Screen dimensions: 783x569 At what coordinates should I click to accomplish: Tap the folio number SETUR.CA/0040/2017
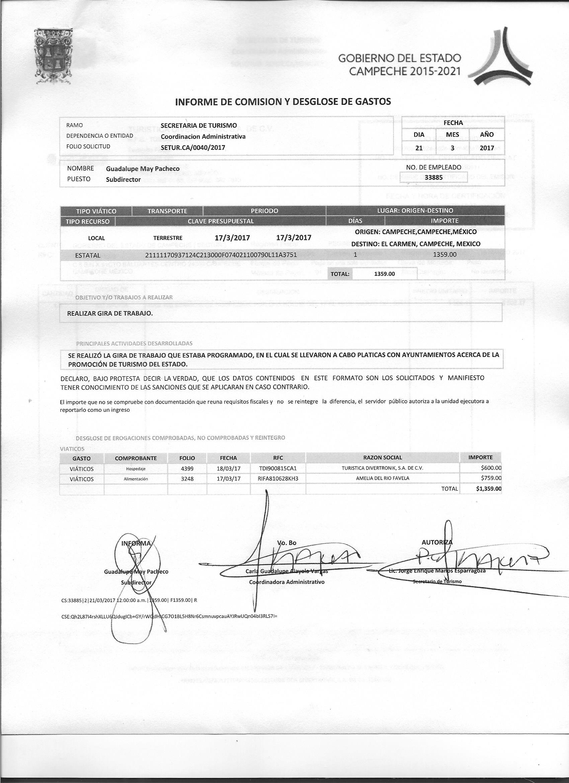[x=192, y=147]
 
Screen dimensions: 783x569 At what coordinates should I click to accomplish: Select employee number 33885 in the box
[x=433, y=177]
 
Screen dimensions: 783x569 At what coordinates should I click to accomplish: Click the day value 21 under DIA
[x=419, y=148]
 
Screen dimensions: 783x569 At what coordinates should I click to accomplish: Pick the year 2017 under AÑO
[x=487, y=148]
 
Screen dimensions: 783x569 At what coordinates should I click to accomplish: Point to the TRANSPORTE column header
[x=167, y=211]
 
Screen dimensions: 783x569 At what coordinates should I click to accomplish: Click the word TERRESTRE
[x=168, y=238]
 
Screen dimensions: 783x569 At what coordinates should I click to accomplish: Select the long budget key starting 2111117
[x=221, y=255]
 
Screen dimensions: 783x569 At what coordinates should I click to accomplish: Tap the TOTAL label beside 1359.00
[x=339, y=274]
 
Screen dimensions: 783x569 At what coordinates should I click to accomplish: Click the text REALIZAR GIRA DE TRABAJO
[x=110, y=313]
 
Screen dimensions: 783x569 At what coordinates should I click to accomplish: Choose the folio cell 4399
[x=187, y=469]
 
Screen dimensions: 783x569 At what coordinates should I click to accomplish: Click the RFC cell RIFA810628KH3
[x=278, y=479]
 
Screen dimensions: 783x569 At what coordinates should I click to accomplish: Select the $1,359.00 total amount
[x=488, y=489]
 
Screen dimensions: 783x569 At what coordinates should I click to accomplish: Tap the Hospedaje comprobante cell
[x=136, y=469]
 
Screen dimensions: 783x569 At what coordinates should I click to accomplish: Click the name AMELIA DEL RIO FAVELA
[x=382, y=479]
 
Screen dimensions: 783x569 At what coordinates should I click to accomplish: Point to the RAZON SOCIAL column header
[x=382, y=458]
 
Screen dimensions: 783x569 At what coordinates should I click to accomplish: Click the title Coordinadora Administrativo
[x=287, y=582]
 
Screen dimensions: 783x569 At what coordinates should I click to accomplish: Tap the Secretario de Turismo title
[x=437, y=582]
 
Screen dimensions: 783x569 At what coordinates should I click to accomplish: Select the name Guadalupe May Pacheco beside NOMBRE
[x=143, y=169]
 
